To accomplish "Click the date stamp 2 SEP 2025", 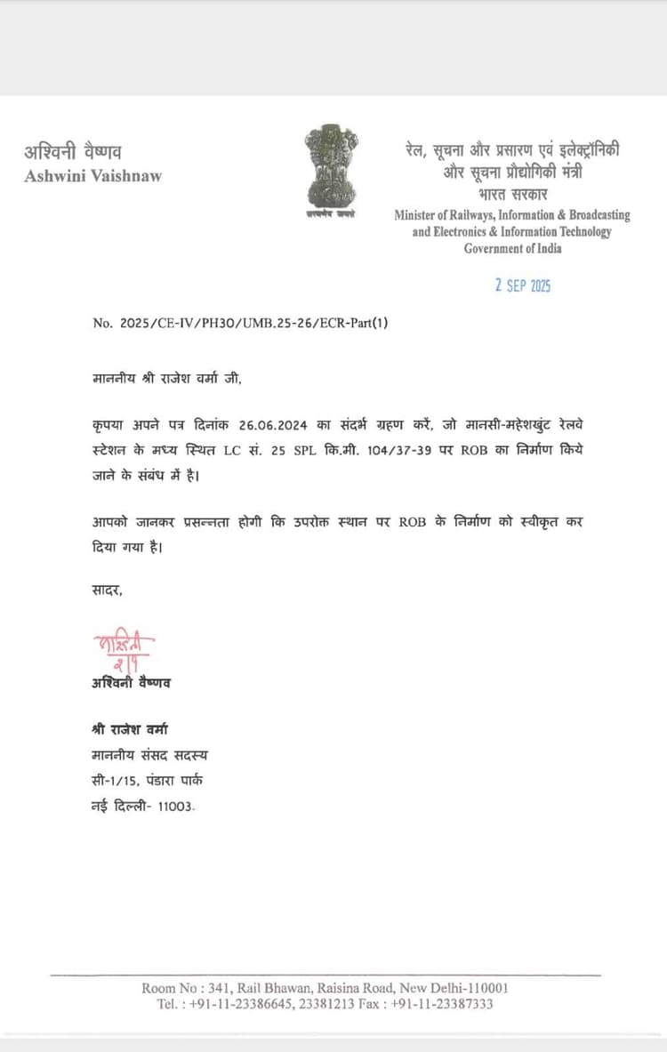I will pos(523,285).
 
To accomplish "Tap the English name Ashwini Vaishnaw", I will pos(92,175).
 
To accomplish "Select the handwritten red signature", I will pos(123,650).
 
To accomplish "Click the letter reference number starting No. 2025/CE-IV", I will pos(240,324).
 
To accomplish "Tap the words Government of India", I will pos(512,248).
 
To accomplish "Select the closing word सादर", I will pos(107,590).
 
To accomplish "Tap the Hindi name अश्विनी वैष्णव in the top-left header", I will pos(73,151).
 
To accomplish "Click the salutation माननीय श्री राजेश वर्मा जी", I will pos(166,378).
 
